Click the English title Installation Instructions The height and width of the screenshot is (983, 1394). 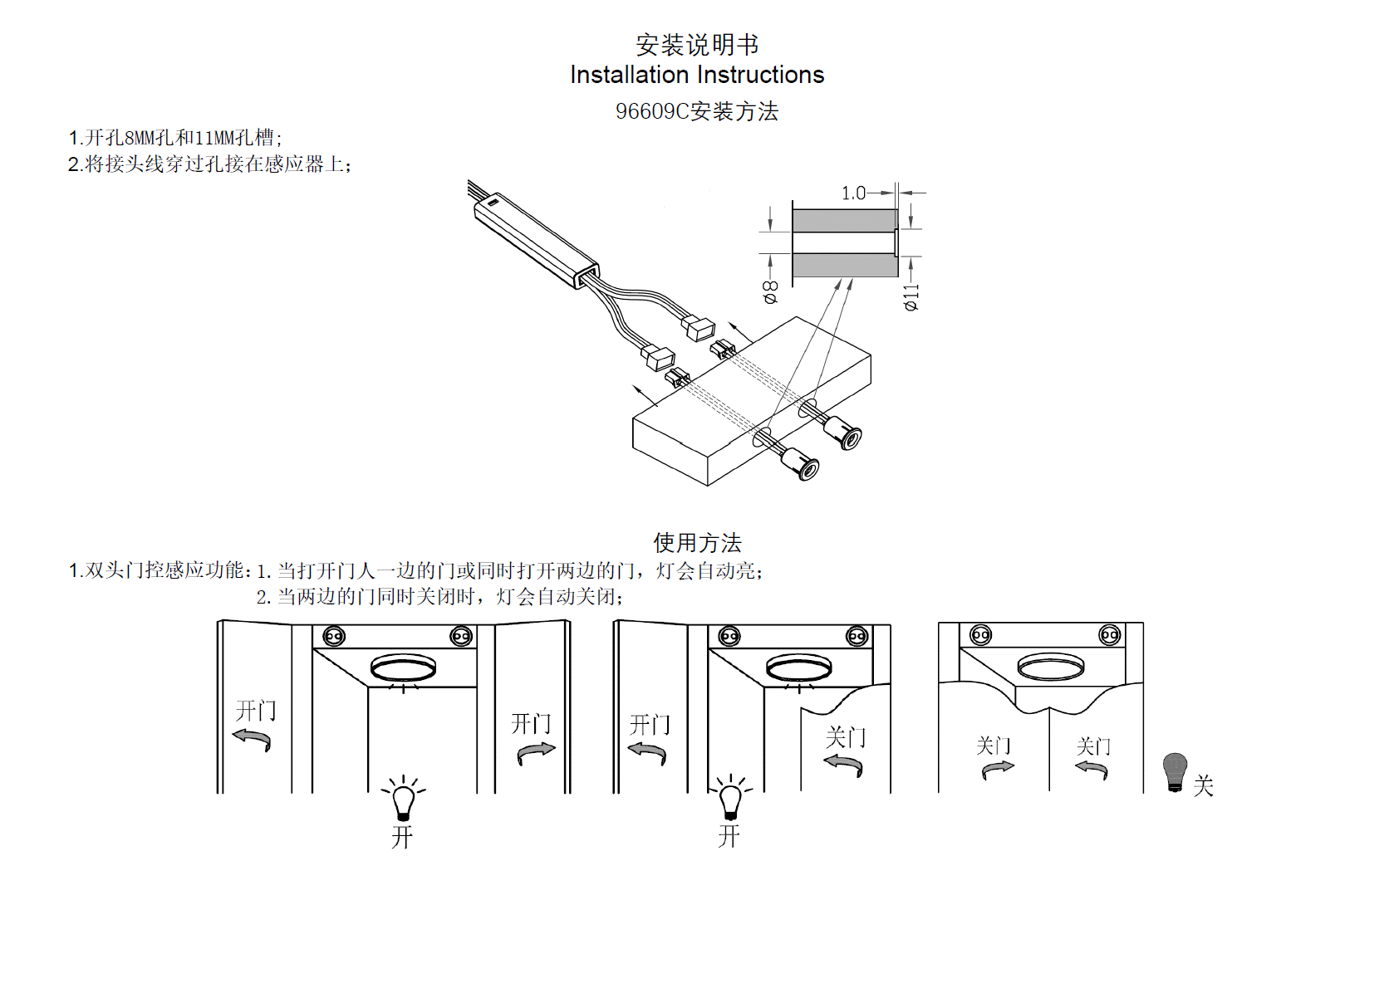pos(696,75)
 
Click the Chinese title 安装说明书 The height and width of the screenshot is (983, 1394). pos(696,44)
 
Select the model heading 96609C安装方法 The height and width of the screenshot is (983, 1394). pos(696,111)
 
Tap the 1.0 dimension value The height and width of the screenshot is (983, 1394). pos(853,193)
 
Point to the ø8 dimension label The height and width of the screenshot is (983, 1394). pos(771,291)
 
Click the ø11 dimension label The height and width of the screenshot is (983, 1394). pos(912,296)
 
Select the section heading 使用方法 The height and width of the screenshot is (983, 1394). pos(697,543)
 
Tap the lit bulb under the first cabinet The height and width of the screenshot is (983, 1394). pos(404,800)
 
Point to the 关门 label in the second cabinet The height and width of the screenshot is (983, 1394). pos(845,736)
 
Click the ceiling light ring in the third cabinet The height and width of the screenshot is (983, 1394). pos(1050,666)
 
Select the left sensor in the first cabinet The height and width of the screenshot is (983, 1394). pos(333,637)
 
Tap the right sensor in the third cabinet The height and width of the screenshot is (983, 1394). pos(1109,635)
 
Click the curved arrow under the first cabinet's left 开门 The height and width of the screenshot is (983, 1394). pos(252,738)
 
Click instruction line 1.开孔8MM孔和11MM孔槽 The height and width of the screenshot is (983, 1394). pos(175,138)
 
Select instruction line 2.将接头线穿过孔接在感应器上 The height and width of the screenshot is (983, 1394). pos(209,164)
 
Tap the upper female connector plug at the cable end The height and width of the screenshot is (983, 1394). pos(699,329)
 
